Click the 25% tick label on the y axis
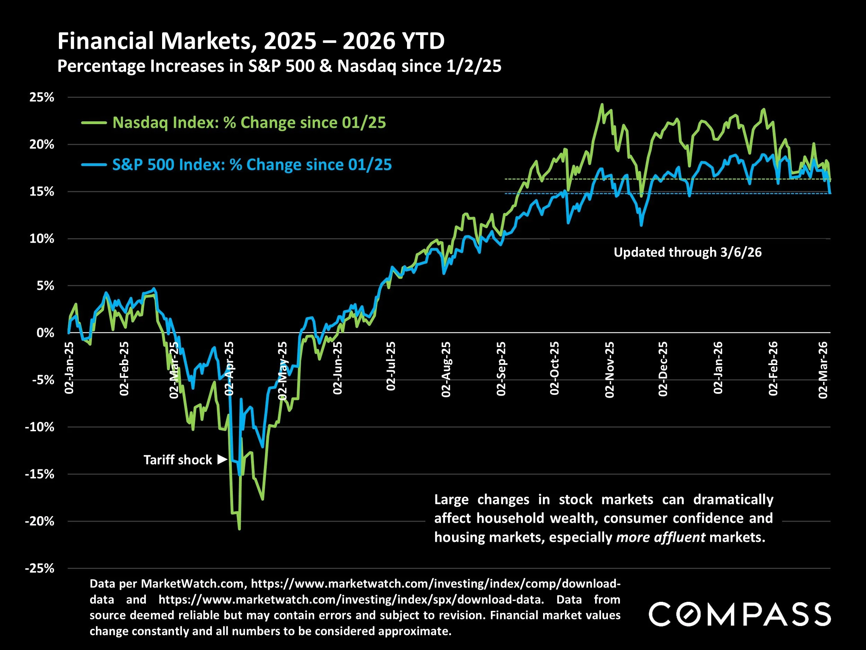(42, 97)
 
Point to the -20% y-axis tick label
(39, 521)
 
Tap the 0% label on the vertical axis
(45, 333)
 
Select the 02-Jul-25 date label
(391, 366)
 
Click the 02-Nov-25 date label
(610, 370)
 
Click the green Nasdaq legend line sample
(94, 123)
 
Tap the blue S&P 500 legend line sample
(94, 165)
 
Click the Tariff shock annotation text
(177, 460)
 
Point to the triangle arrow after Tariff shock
(222, 459)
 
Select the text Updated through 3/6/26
(688, 252)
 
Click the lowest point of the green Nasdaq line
(239, 529)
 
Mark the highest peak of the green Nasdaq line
(602, 104)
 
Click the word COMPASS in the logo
(740, 614)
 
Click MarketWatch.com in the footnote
(193, 583)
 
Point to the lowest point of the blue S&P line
(239, 475)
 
